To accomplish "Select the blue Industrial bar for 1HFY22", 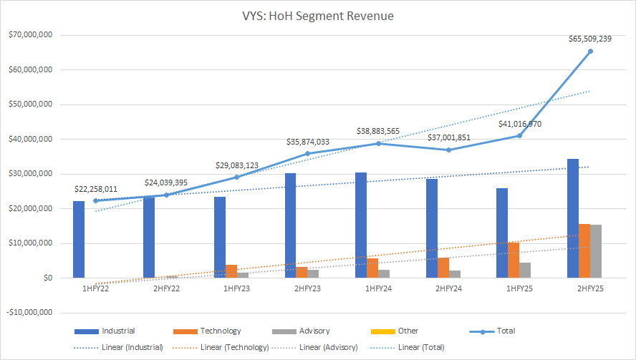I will [x=79, y=239].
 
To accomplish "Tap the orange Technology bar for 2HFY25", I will [x=584, y=250].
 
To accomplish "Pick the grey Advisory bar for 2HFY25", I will [x=596, y=251].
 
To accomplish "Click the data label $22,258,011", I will [x=97, y=189].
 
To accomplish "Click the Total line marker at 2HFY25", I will [x=590, y=51].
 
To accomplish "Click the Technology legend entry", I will [x=220, y=331].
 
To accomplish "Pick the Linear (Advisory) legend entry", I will [x=327, y=347].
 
